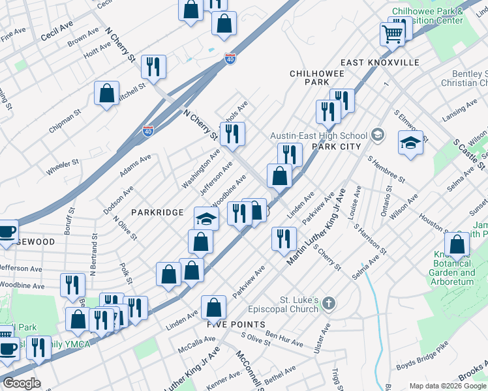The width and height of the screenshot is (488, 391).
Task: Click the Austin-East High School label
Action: click(x=319, y=136)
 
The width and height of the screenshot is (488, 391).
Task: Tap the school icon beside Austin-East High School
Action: click(x=376, y=135)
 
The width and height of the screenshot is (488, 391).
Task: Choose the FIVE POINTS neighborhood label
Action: click(x=236, y=324)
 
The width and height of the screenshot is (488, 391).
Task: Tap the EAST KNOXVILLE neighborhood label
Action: click(x=379, y=63)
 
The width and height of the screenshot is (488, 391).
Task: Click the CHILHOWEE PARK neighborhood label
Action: click(x=318, y=78)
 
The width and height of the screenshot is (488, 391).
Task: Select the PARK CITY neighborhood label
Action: click(x=337, y=147)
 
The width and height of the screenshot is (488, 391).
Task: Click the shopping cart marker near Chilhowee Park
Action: click(x=393, y=32)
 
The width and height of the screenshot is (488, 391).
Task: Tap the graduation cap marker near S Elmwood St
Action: click(x=410, y=143)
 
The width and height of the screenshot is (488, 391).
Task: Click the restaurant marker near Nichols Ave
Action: click(x=232, y=134)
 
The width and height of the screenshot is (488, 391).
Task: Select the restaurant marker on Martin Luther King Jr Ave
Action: click(x=283, y=238)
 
